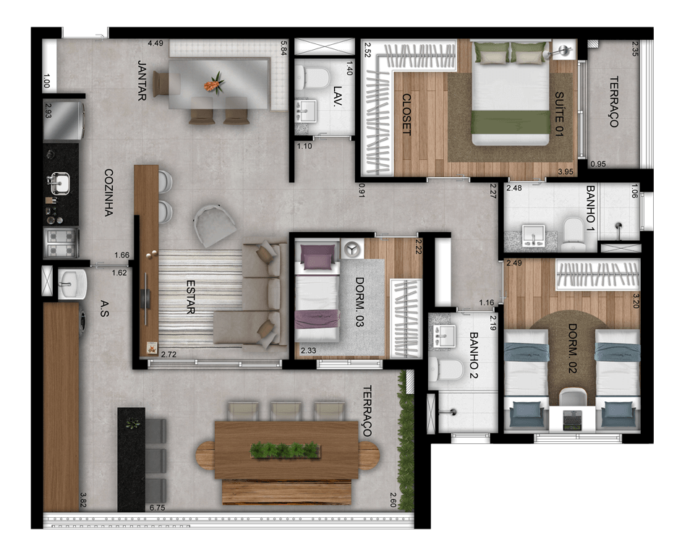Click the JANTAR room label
(x=142, y=80)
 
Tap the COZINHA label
(x=108, y=192)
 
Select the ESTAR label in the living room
(x=190, y=297)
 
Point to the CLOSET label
(x=406, y=114)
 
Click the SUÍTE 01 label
(x=559, y=114)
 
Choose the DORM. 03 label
(x=359, y=302)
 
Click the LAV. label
(x=338, y=95)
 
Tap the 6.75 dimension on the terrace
(x=157, y=508)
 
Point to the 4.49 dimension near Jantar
(x=155, y=43)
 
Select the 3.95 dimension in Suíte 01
(x=566, y=172)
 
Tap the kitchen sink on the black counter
(x=59, y=183)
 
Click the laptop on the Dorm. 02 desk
(x=572, y=420)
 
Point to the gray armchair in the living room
(x=215, y=225)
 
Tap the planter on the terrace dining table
(x=285, y=450)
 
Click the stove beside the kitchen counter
(x=61, y=243)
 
